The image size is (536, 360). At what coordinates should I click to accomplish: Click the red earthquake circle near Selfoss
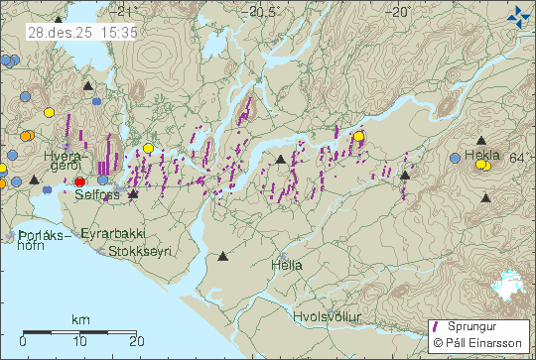pyautogui.click(x=80, y=181)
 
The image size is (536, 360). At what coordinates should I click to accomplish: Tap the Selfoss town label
pyautogui.click(x=96, y=195)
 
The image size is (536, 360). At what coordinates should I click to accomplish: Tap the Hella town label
pyautogui.click(x=286, y=265)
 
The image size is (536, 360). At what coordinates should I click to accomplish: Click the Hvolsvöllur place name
pyautogui.click(x=328, y=316)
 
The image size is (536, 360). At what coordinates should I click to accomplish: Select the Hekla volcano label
pyautogui.click(x=481, y=156)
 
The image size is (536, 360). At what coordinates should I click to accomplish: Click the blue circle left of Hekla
pyautogui.click(x=455, y=158)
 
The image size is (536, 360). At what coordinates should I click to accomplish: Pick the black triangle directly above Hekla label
pyautogui.click(x=481, y=141)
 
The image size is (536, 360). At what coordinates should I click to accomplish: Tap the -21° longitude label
pyautogui.click(x=123, y=12)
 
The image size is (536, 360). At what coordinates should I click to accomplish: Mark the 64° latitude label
pyautogui.click(x=523, y=158)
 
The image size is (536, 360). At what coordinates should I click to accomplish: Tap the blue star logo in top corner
pyautogui.click(x=518, y=14)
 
